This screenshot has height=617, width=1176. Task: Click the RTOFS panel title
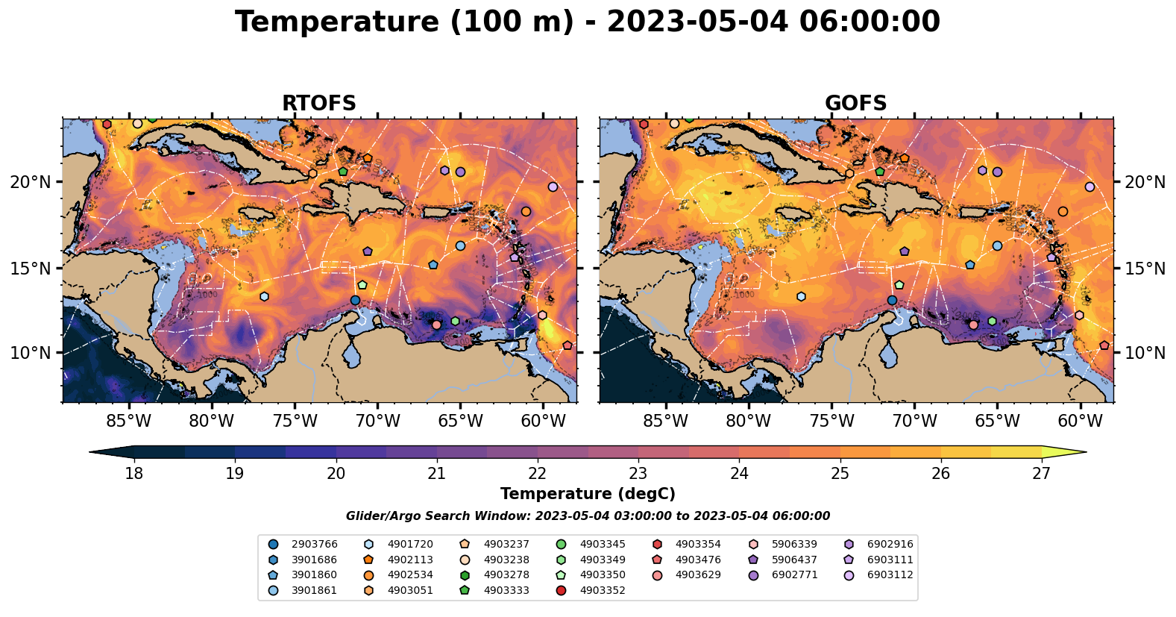(318, 104)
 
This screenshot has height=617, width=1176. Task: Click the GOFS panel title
(855, 104)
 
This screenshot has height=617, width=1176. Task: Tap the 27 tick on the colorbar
(1041, 473)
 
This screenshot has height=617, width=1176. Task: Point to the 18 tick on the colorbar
(133, 473)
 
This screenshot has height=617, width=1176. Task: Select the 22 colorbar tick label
(538, 473)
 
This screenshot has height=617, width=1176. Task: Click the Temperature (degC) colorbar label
(588, 494)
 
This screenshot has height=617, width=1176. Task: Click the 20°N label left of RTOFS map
(31, 182)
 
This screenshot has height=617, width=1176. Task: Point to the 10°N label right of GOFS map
(1145, 353)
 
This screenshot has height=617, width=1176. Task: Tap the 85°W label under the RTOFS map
(129, 421)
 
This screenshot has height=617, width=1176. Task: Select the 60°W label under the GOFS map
(1080, 421)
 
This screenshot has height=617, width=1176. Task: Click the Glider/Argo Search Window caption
(588, 516)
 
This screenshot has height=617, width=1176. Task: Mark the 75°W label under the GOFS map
(831, 421)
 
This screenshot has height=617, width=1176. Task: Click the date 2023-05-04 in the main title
(697, 22)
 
